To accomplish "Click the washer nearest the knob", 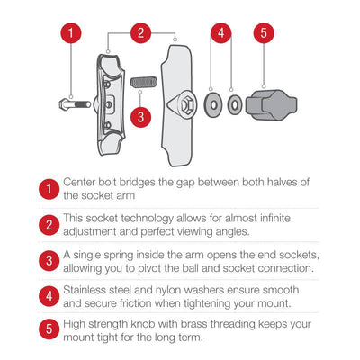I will click(x=234, y=103).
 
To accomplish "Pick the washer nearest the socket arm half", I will click(x=214, y=103).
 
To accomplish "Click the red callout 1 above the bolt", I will click(x=72, y=34).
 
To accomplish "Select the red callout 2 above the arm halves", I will click(x=139, y=34).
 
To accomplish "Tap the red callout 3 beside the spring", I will click(x=139, y=115).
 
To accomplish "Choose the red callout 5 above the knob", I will click(x=262, y=34).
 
